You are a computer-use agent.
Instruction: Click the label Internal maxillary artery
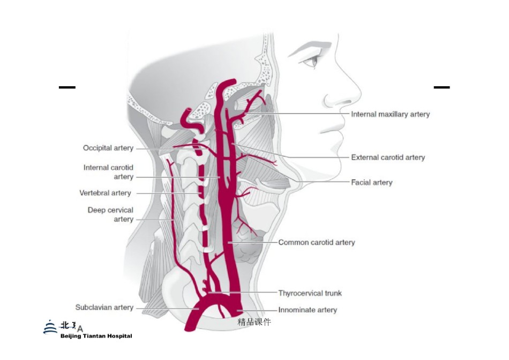click(390, 114)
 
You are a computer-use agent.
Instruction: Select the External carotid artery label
click(388, 157)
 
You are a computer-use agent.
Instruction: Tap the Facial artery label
click(372, 183)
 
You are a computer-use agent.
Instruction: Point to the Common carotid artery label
click(317, 243)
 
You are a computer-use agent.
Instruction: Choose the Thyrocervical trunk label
click(310, 294)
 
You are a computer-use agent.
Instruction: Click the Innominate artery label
click(308, 310)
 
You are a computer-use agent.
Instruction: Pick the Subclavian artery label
click(104, 307)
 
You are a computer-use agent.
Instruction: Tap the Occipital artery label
click(108, 148)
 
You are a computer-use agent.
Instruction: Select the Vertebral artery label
click(105, 193)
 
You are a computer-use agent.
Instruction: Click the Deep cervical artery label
click(110, 215)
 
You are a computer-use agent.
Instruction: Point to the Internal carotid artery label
click(108, 172)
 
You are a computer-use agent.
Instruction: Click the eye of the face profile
click(312, 61)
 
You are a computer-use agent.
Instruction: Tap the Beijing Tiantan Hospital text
click(96, 336)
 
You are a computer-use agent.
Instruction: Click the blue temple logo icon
click(50, 327)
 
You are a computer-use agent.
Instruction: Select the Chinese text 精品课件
click(254, 322)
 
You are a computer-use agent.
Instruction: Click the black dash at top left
click(67, 87)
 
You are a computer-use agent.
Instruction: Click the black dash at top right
click(442, 87)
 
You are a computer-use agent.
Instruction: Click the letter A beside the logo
click(80, 329)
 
